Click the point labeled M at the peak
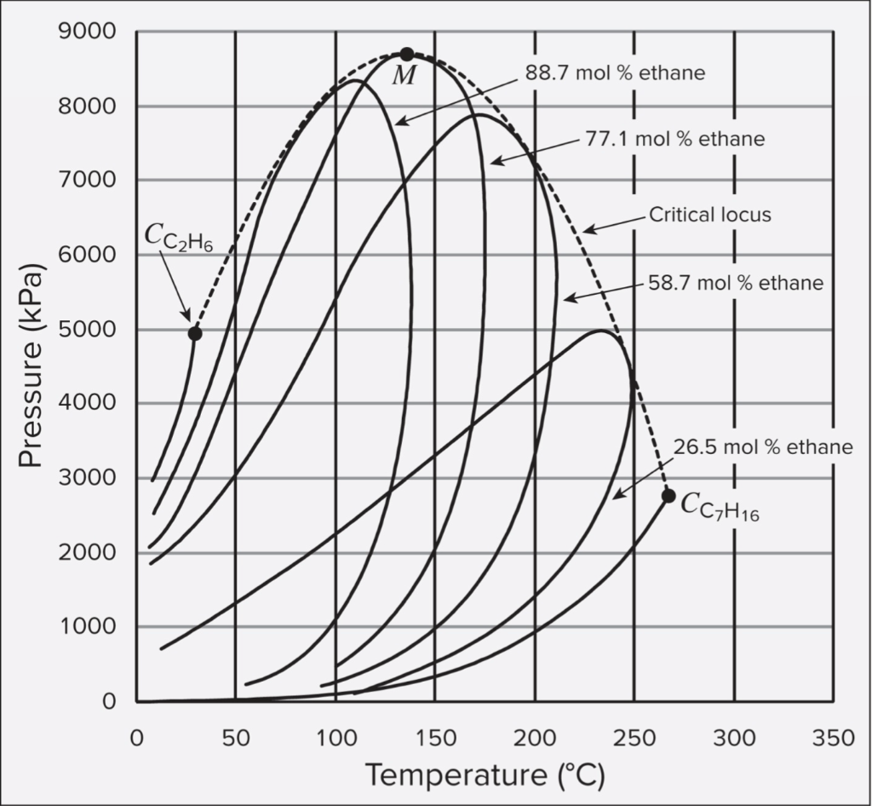click(407, 55)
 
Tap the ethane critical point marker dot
click(195, 333)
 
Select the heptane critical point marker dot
click(668, 496)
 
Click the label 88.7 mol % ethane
click(615, 73)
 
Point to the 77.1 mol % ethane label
click(675, 139)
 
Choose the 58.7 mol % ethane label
click(734, 283)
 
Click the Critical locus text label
click(710, 215)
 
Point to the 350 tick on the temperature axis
click(834, 738)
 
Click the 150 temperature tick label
click(434, 738)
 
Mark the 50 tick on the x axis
click(235, 738)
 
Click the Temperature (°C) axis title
click(485, 776)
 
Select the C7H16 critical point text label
click(719, 506)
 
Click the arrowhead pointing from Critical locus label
click(586, 230)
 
